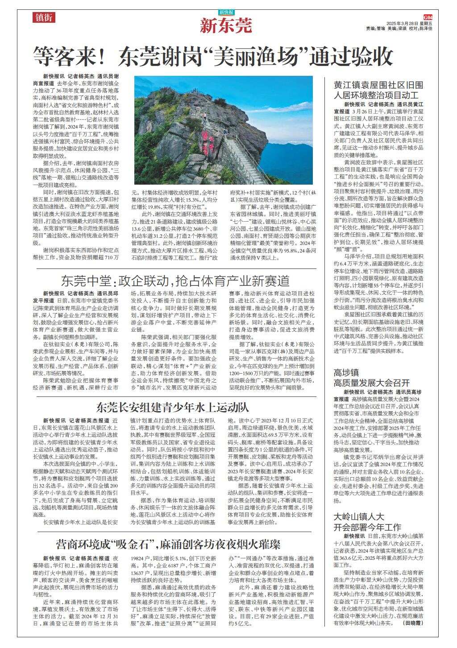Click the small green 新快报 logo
pos(226,12)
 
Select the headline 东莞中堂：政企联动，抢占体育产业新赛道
pos(175,281)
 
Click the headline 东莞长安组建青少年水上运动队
pos(172,407)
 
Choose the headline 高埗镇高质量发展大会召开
pos(371,377)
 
